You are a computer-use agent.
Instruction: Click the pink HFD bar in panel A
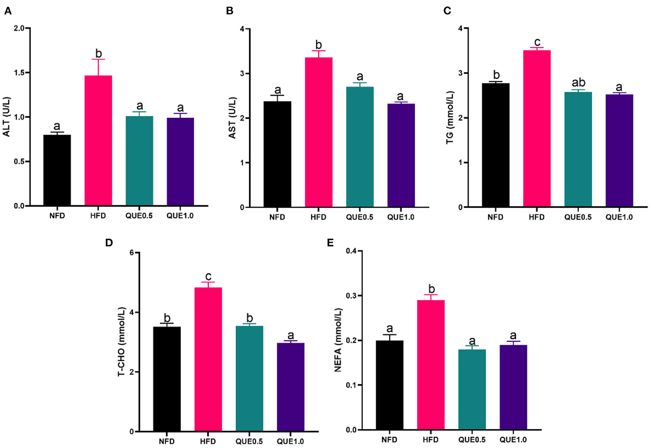coord(98,140)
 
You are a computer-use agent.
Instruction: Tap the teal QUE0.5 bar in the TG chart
coord(578,149)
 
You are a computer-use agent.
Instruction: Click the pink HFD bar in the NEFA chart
coord(431,365)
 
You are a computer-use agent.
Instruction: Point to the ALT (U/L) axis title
coord(7,117)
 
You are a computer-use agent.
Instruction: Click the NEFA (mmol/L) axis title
coord(338,340)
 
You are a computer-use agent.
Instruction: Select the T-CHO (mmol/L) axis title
coord(121,341)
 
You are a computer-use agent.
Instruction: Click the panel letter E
coord(330,243)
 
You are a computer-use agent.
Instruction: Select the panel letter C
coord(447,11)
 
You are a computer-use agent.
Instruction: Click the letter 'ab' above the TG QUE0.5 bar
coord(578,82)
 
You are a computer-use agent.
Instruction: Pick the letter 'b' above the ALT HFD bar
coord(98,53)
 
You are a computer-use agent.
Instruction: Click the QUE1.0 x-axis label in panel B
coord(400,217)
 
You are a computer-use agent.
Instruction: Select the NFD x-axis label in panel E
coord(389,440)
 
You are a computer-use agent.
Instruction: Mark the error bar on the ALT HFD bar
coord(98,67)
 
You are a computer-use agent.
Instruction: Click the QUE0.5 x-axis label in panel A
coord(139,216)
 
